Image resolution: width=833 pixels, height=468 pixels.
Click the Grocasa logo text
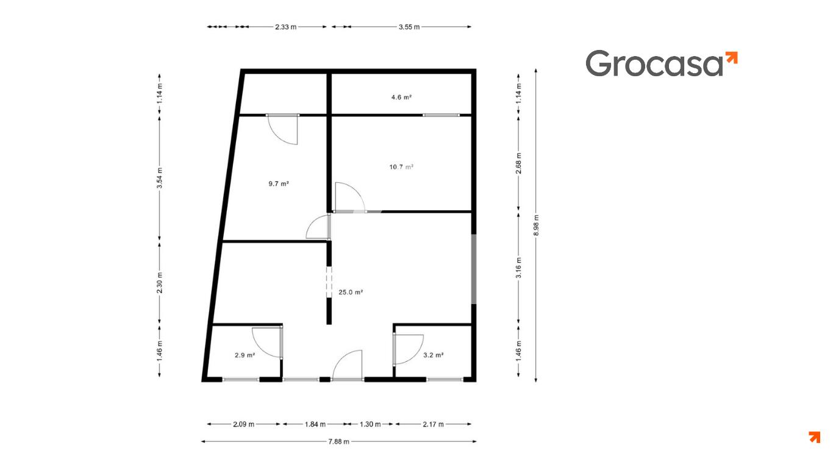coord(655,63)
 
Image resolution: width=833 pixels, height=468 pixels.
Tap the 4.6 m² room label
coord(401,97)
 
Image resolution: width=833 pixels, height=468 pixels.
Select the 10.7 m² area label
coord(401,167)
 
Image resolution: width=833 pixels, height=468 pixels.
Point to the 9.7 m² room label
coord(279,183)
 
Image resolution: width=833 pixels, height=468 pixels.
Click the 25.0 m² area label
coord(351,292)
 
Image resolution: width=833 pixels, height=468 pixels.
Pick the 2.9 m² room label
coord(245,355)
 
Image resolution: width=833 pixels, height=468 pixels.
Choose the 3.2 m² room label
coord(433,355)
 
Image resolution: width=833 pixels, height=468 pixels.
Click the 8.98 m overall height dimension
coord(536,225)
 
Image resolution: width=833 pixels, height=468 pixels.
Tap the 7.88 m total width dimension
coord(338,442)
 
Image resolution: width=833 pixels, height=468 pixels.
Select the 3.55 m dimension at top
coord(409,27)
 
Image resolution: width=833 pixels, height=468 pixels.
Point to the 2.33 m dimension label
coord(285,27)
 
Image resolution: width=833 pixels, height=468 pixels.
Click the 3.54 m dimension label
coord(160,178)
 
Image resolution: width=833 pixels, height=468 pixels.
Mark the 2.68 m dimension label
coord(518,163)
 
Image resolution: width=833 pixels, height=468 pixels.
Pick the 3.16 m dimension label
coord(518,268)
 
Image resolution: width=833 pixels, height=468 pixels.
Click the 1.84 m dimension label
coord(315,424)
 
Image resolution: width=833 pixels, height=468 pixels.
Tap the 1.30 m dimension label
coord(370,424)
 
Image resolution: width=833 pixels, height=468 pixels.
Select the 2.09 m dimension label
coord(243,424)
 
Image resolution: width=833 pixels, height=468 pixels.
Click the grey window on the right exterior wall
coord(474,269)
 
